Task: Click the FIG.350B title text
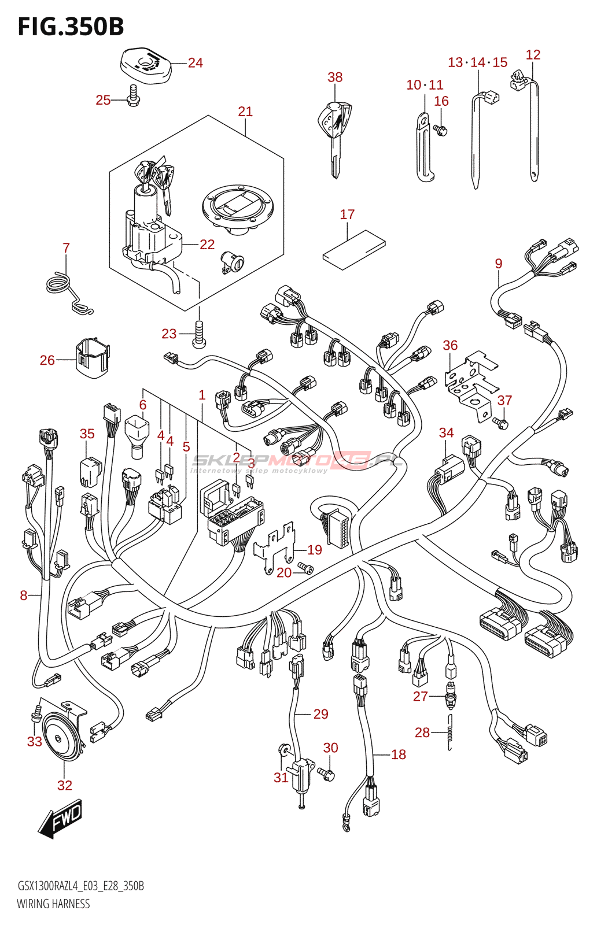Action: pyautogui.click(x=71, y=27)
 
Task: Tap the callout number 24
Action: pyautogui.click(x=196, y=63)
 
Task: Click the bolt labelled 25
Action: pyautogui.click(x=133, y=97)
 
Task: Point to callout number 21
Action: pyautogui.click(x=245, y=112)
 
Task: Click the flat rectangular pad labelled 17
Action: pyautogui.click(x=353, y=249)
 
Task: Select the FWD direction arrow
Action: pyautogui.click(x=61, y=818)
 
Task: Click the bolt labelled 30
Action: pyautogui.click(x=327, y=773)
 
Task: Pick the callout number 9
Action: pyautogui.click(x=499, y=264)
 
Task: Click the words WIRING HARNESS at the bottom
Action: pyautogui.click(x=53, y=904)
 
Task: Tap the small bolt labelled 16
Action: pyautogui.click(x=441, y=130)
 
